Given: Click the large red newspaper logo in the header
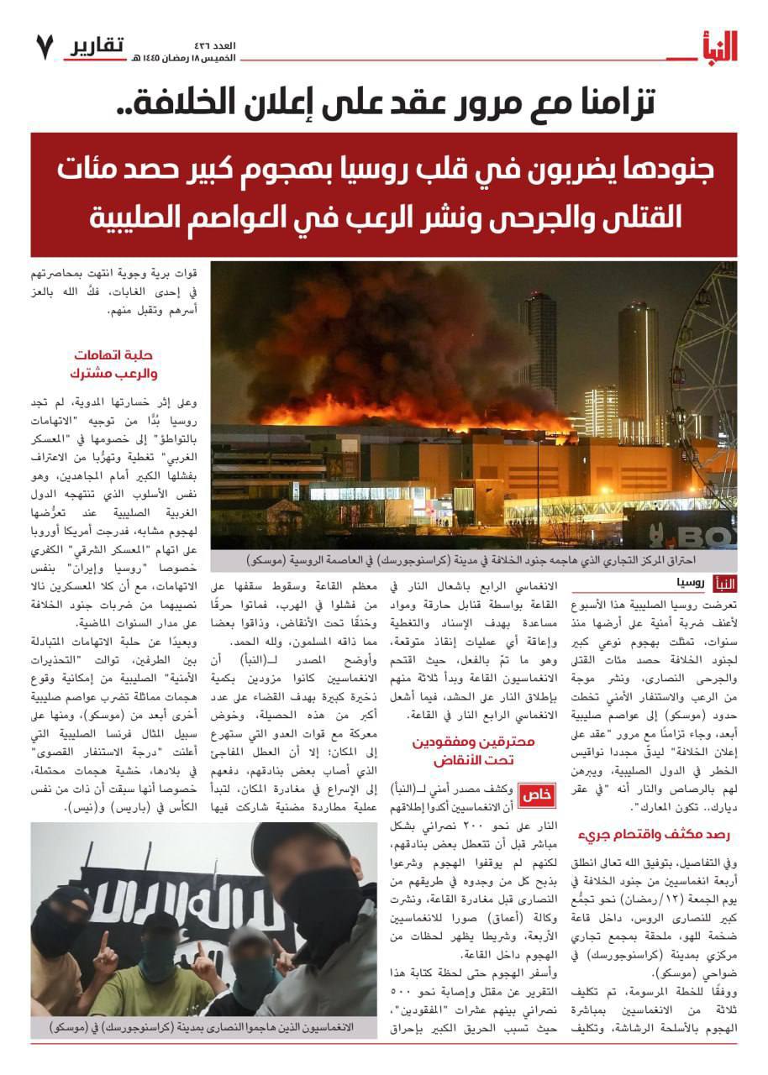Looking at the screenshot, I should [715, 46].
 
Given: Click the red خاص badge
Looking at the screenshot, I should [534, 794].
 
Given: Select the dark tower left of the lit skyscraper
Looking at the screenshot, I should [538, 344].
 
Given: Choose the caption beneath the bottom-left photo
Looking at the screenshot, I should [201, 1027].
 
